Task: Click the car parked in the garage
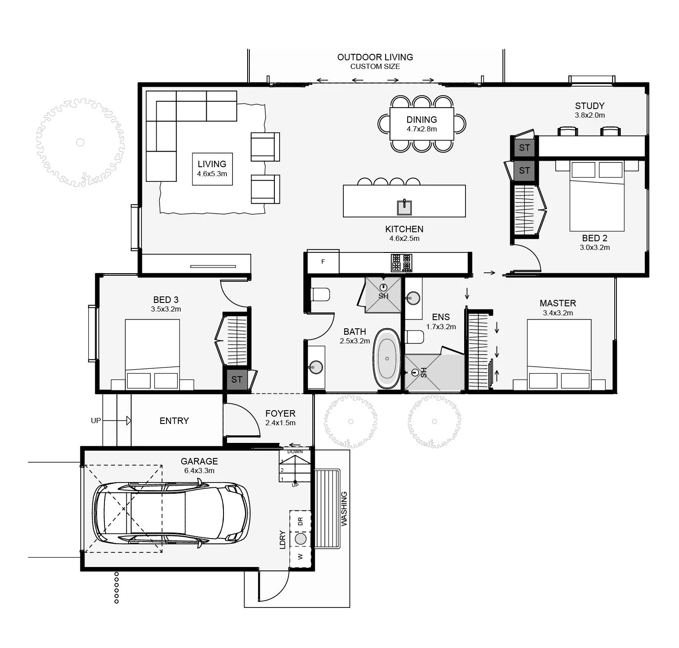(171, 514)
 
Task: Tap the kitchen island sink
(404, 207)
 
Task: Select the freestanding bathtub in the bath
(387, 358)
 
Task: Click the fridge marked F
(323, 262)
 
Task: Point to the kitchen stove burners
(401, 262)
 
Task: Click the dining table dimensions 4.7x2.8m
(421, 129)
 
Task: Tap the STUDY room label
(590, 106)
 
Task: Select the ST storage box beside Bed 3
(236, 380)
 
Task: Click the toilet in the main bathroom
(320, 295)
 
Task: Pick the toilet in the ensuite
(415, 337)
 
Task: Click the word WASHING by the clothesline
(344, 509)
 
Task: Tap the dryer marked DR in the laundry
(300, 521)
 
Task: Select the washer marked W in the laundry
(300, 557)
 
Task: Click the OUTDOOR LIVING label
(375, 57)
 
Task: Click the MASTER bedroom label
(558, 303)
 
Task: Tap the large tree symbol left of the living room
(80, 142)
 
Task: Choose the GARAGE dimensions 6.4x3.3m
(199, 470)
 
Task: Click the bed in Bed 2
(597, 196)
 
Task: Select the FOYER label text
(280, 414)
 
